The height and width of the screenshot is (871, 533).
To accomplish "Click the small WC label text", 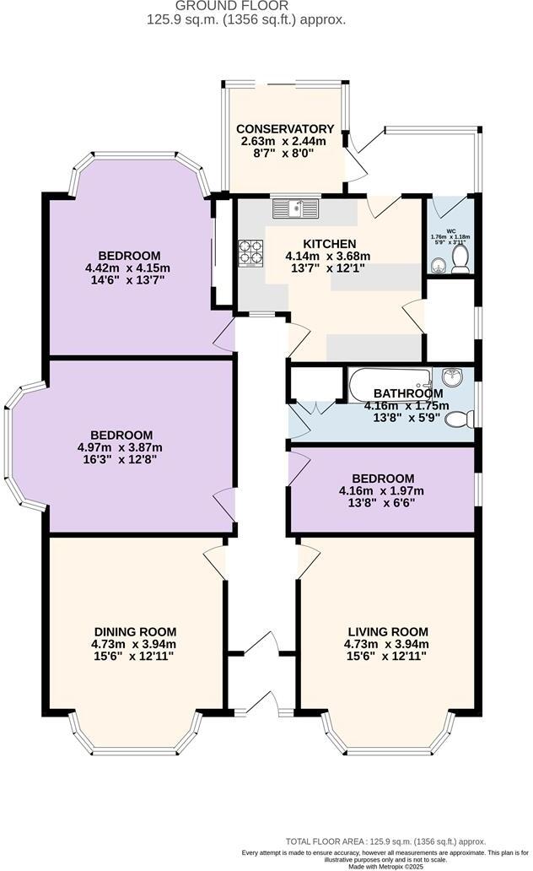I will pyautogui.click(x=451, y=230).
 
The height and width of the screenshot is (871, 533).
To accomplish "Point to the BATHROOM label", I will pyautogui.click(x=408, y=393).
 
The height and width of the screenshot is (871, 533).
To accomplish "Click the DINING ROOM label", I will pyautogui.click(x=135, y=631).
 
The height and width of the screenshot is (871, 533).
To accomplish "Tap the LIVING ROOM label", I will pyautogui.click(x=388, y=631).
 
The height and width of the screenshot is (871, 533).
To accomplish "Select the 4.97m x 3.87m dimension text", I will pyautogui.click(x=119, y=447).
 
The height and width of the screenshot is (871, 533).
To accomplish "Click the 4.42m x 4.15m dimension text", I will pyautogui.click(x=129, y=268).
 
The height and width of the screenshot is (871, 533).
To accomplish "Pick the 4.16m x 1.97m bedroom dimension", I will pyautogui.click(x=381, y=490).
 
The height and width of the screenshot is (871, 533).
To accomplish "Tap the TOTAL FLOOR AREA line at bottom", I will pyautogui.click(x=386, y=841).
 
